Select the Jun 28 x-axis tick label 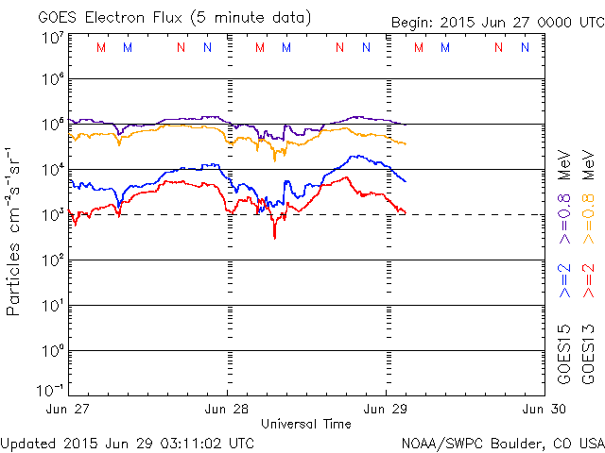point(228,410)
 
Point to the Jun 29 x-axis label point(386,410)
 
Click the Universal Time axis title point(306,424)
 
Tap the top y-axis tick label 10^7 point(53,38)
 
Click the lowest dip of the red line point(275,237)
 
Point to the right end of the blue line point(406,181)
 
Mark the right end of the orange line point(406,143)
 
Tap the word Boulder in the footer point(511,443)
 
